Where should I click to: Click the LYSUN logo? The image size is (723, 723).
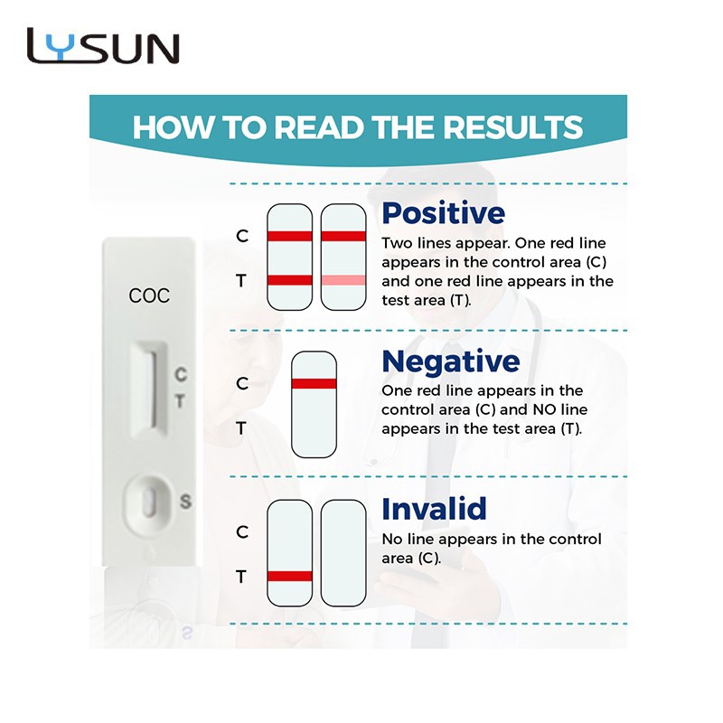click(103, 46)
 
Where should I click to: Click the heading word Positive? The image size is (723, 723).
click(443, 213)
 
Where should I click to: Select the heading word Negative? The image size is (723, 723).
click(450, 361)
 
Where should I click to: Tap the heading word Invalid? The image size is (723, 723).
click(434, 508)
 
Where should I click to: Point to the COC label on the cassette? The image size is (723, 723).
click(149, 296)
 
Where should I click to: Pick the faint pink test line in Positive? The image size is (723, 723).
click(343, 280)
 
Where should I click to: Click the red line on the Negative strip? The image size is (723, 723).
click(314, 383)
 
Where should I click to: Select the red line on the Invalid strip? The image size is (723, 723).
click(289, 576)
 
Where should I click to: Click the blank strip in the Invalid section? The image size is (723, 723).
click(343, 551)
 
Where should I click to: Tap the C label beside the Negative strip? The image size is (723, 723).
click(241, 383)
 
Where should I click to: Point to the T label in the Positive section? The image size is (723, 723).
click(241, 281)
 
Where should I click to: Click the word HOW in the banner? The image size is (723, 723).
click(166, 127)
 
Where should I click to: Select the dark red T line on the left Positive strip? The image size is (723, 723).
click(289, 280)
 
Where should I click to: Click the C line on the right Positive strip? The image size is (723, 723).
click(343, 236)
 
